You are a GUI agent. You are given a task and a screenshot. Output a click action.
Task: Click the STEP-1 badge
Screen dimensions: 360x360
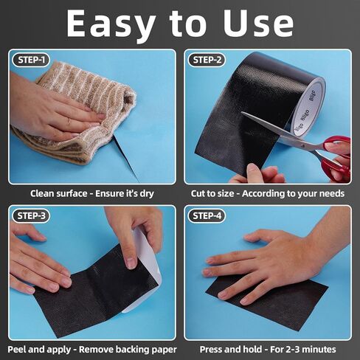31,60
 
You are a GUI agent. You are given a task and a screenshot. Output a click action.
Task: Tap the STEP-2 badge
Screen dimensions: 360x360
207,60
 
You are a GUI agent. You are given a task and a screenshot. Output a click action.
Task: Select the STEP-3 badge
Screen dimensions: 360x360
31,215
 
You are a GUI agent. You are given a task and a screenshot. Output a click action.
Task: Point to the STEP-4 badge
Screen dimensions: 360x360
207,215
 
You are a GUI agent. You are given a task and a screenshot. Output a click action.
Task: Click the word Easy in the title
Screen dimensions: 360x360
111,25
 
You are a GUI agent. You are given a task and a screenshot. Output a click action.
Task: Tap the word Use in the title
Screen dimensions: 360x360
258,24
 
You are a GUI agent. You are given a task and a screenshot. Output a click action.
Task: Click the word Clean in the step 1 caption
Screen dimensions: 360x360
41,193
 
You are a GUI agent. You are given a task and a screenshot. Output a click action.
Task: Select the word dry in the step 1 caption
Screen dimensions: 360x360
147,194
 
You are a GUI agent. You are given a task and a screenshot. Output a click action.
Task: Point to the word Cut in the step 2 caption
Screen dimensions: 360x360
198,193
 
